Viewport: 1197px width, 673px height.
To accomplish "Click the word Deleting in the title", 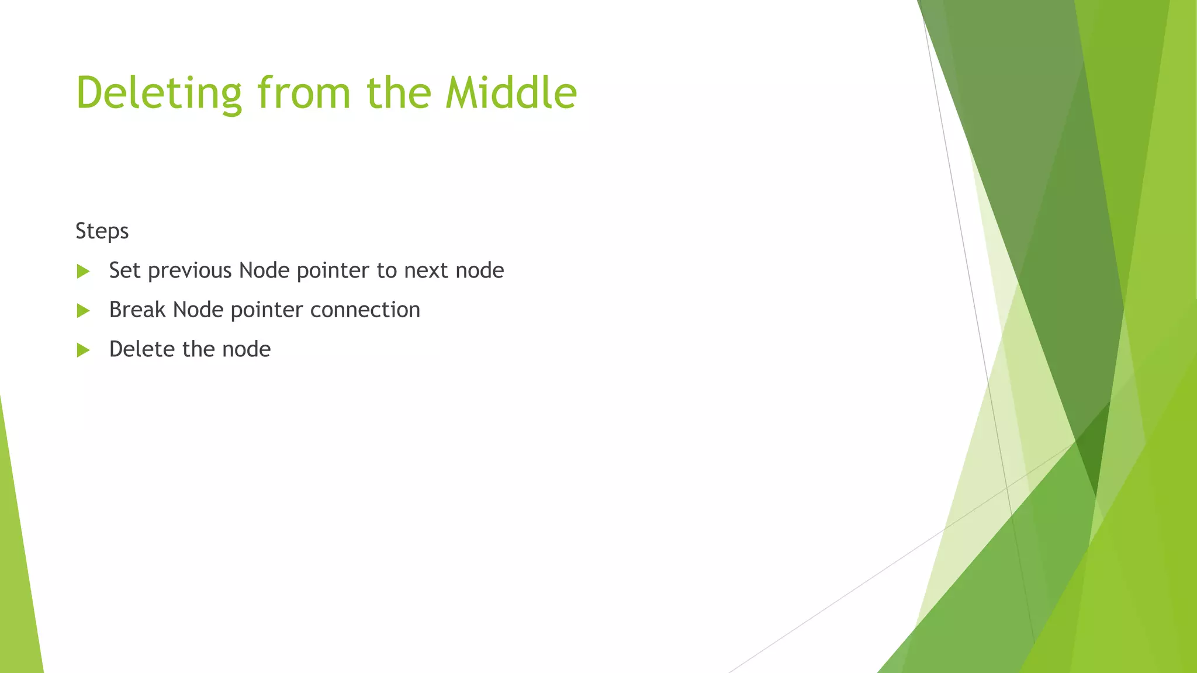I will point(158,93).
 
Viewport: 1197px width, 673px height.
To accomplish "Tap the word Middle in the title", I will point(511,93).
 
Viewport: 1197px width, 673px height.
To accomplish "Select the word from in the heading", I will point(304,93).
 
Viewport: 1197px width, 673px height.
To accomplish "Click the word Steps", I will point(102,231).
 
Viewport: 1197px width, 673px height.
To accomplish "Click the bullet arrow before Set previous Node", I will point(83,271).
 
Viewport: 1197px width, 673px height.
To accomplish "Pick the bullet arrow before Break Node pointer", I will point(83,311).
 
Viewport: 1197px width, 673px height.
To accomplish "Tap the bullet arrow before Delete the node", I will point(83,350).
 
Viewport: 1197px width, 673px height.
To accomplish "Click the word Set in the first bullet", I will point(124,270).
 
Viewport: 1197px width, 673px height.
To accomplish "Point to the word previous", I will point(190,270).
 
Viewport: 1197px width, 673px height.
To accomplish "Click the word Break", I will point(137,310).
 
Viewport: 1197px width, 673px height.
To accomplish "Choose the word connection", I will point(365,310).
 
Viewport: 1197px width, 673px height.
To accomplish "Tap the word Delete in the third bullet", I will point(142,349).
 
